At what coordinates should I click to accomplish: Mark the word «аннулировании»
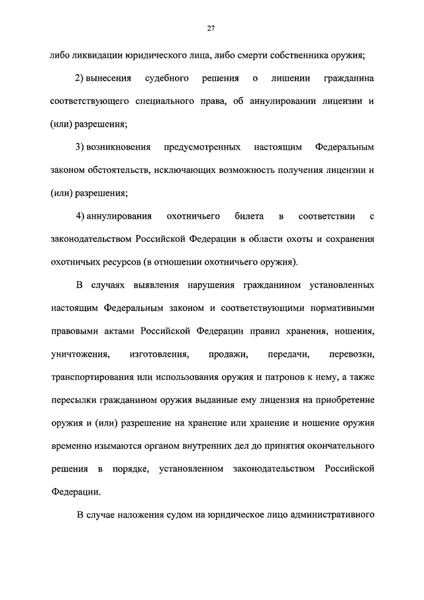click(x=291, y=103)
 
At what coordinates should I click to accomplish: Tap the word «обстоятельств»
click(x=117, y=170)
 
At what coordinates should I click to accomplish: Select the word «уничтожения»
click(x=79, y=355)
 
